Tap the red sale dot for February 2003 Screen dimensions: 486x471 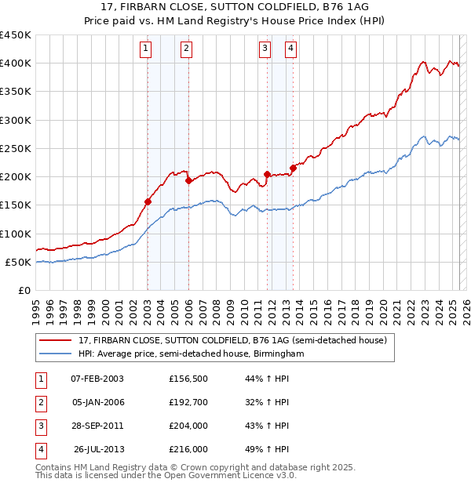click(x=148, y=201)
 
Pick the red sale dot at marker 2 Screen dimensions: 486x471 click(x=188, y=181)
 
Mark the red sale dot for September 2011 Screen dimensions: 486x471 click(x=268, y=174)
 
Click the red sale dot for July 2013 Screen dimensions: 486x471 click(x=293, y=168)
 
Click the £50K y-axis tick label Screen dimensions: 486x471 click(x=16, y=262)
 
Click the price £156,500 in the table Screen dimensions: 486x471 click(x=188, y=379)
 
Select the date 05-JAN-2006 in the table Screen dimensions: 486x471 click(x=97, y=403)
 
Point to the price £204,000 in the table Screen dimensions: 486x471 click(x=188, y=426)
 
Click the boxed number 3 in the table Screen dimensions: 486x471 click(x=39, y=426)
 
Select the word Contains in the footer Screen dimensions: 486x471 click(x=54, y=467)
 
